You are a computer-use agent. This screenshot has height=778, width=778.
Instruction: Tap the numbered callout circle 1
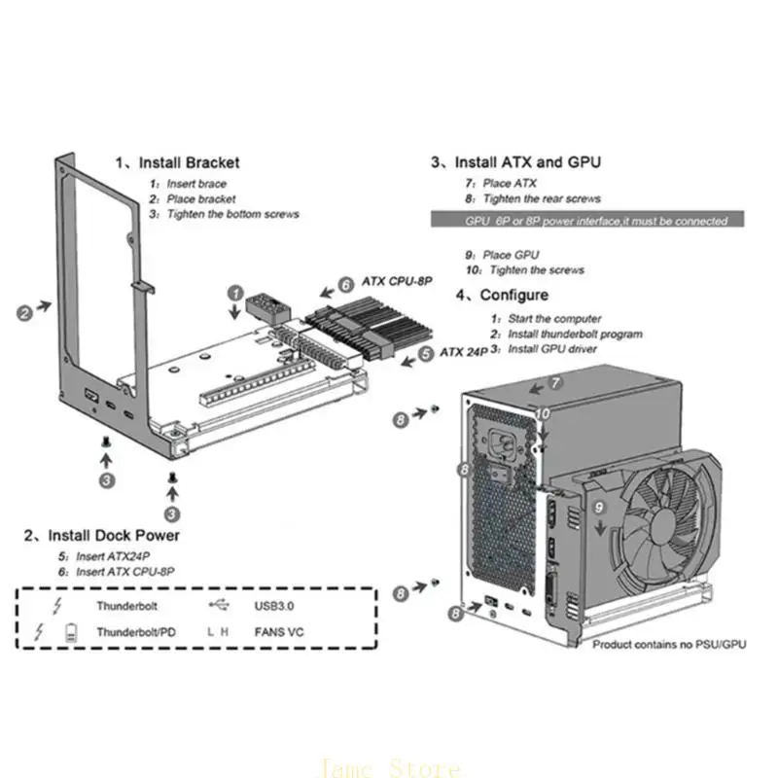235,292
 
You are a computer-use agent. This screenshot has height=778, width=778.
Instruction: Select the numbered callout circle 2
24,313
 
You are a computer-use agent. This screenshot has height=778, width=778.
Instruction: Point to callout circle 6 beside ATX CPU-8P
344,285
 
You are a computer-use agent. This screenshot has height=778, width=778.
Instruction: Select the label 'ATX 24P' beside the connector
463,352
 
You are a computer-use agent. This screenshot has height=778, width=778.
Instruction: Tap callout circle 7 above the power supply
556,383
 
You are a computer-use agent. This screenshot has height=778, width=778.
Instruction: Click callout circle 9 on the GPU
599,507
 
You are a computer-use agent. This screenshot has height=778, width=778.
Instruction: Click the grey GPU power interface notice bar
586,221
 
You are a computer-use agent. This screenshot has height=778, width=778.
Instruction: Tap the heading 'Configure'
513,295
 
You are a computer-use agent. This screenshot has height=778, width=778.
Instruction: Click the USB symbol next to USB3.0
220,605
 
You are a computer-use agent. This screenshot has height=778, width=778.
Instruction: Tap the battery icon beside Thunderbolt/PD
70,632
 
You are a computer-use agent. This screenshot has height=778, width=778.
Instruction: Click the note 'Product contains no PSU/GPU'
669,645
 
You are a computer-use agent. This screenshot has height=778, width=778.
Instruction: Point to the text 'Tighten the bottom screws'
232,213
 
